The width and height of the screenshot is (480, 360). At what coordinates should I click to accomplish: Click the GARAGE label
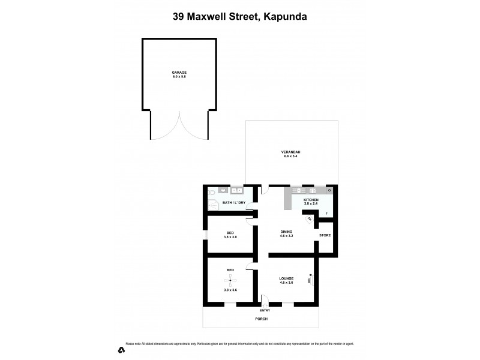tap(179, 72)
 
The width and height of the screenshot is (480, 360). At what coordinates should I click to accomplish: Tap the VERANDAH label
tap(290, 152)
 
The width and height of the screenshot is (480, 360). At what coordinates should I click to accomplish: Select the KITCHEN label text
tap(310, 199)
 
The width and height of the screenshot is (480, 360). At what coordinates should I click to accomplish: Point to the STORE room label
tap(325, 235)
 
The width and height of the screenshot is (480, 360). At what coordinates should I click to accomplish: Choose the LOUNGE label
tap(286, 279)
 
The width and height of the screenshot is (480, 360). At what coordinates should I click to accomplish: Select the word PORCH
tap(260, 319)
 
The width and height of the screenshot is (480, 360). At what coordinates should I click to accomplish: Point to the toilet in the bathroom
tap(212, 191)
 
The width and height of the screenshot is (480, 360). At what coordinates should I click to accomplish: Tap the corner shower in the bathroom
tap(211, 205)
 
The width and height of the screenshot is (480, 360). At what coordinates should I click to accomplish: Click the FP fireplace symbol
tap(310, 219)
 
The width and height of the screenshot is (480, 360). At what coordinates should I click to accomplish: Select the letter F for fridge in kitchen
tap(326, 214)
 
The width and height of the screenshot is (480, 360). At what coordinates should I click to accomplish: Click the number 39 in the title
tap(179, 17)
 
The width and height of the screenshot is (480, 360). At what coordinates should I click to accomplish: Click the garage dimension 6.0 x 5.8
tap(179, 76)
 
